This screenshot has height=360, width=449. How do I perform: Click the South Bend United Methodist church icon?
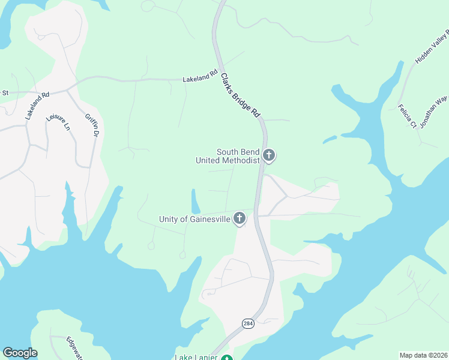[x=269, y=156]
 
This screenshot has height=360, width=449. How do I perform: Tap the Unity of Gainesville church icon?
[x=240, y=219]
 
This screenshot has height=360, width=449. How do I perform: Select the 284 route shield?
[x=247, y=323]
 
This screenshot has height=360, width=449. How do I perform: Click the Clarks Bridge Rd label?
[x=241, y=95]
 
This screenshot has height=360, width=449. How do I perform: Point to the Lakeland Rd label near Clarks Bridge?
[x=199, y=77]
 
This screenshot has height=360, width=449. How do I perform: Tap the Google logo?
[x=20, y=353]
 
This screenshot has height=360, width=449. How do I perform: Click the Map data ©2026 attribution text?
[x=423, y=355]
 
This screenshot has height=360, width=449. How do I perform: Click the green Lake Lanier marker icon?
[x=226, y=358]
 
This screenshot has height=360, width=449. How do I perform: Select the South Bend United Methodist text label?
[x=228, y=156]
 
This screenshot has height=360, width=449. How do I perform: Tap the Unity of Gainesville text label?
[x=194, y=219]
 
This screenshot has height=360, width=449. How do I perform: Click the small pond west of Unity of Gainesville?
[x=196, y=200]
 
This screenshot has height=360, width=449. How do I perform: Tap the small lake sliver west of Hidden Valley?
[x=330, y=140]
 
